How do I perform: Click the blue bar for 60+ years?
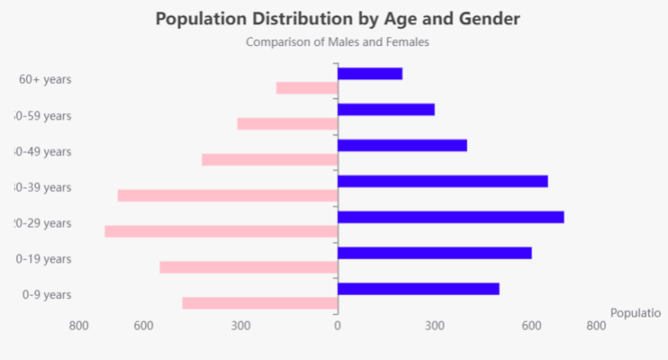pos(370,74)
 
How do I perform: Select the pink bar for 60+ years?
pos(306,88)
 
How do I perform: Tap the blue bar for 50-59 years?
pos(385,110)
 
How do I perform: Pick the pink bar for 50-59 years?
pos(287,123)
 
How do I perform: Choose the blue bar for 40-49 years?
pos(402,145)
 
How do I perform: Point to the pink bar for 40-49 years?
pos(270,159)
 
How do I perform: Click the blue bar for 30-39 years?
pos(442,181)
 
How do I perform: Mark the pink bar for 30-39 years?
pos(228,195)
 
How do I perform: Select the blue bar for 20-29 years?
pos(451,217)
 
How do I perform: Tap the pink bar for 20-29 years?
pos(221,231)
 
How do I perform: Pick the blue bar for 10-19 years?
pos(434,253)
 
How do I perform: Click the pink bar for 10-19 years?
pos(249,267)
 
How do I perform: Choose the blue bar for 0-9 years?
pos(417,289)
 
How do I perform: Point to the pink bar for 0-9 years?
pos(260,303)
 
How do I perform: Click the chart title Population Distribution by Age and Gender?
pos(337,18)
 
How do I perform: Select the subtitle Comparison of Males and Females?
pos(337,42)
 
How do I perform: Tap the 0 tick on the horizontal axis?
pos(337,326)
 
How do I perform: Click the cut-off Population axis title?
pos(636,313)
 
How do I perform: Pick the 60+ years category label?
pos(45,79)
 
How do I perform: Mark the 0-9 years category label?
pos(47,295)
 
